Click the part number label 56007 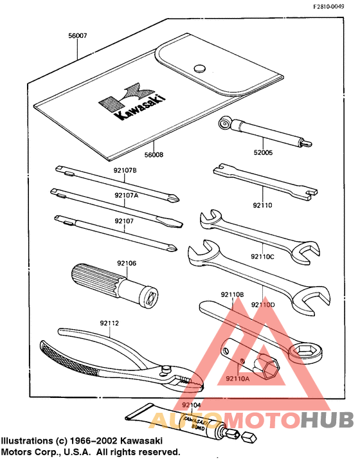pos(77,37)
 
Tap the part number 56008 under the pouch pos(154,155)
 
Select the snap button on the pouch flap pos(199,66)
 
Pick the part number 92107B pos(125,170)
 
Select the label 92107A pos(126,195)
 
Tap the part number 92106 pos(127,263)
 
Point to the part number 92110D pos(263,304)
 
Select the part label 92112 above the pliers pos(109,323)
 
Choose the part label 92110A pos(237,379)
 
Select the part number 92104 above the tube pos(191,405)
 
